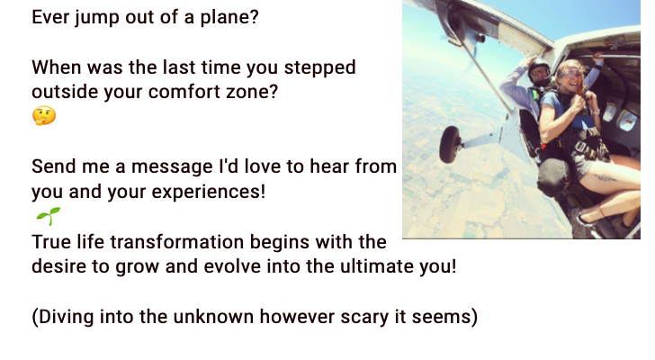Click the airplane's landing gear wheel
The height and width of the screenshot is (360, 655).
tap(450, 144)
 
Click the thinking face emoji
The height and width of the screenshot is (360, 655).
tap(44, 116)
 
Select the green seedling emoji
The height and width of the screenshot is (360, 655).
tap(48, 216)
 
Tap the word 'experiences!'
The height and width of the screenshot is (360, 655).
tap(209, 192)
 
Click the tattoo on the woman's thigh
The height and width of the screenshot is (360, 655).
tap(605, 178)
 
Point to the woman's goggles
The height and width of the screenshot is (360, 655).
tap(570, 75)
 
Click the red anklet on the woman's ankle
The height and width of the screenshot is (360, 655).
tap(603, 211)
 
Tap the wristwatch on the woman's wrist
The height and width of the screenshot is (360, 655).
tap(595, 112)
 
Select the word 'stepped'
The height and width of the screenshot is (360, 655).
tap(320, 67)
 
